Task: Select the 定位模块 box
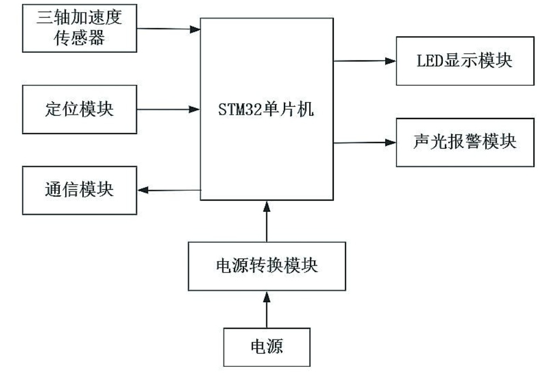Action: (x=79, y=108)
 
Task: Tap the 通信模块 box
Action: (x=79, y=190)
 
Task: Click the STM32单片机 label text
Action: (x=267, y=109)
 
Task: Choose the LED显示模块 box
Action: (x=465, y=61)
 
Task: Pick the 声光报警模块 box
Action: (x=465, y=143)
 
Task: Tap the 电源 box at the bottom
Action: (x=267, y=347)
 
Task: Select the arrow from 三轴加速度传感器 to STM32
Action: (x=168, y=28)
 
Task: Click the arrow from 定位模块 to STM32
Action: (x=168, y=109)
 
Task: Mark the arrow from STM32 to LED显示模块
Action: (x=364, y=61)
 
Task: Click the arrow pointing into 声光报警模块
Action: (x=364, y=143)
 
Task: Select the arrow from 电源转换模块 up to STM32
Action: (x=267, y=222)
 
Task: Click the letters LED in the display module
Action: (x=429, y=61)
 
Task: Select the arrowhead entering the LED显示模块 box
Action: (x=390, y=61)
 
